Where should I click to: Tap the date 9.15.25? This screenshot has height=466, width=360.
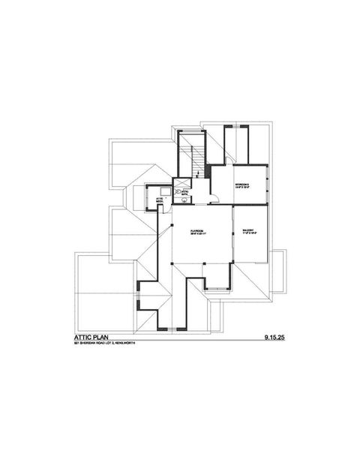tap(275, 339)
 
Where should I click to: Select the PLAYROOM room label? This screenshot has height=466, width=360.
tap(198, 230)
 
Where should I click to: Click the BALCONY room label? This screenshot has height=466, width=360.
tap(248, 230)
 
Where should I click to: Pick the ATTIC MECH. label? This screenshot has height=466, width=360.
tap(159, 200)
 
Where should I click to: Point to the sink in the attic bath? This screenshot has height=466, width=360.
tap(184, 200)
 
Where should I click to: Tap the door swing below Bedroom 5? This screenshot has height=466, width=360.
tap(214, 198)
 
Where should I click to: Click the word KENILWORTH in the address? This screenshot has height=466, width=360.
tap(127, 346)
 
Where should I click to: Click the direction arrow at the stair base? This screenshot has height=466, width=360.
tap(196, 174)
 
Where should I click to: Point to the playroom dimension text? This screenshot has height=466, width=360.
tap(198, 234)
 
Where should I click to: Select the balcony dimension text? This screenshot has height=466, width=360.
tap(248, 234)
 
